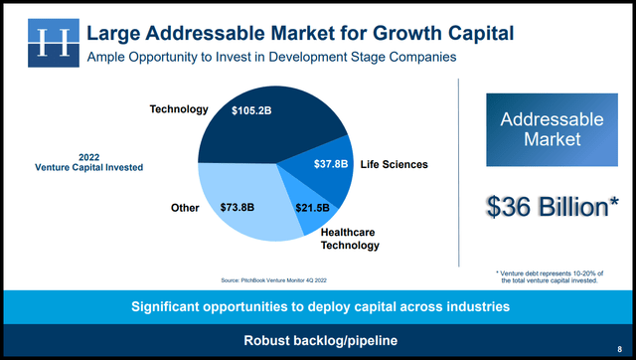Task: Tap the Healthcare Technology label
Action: pos(349,238)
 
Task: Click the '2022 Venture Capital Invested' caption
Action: pos(95,162)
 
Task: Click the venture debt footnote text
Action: pos(550,277)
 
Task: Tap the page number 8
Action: pos(619,348)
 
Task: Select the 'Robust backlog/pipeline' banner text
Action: pos(317,341)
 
